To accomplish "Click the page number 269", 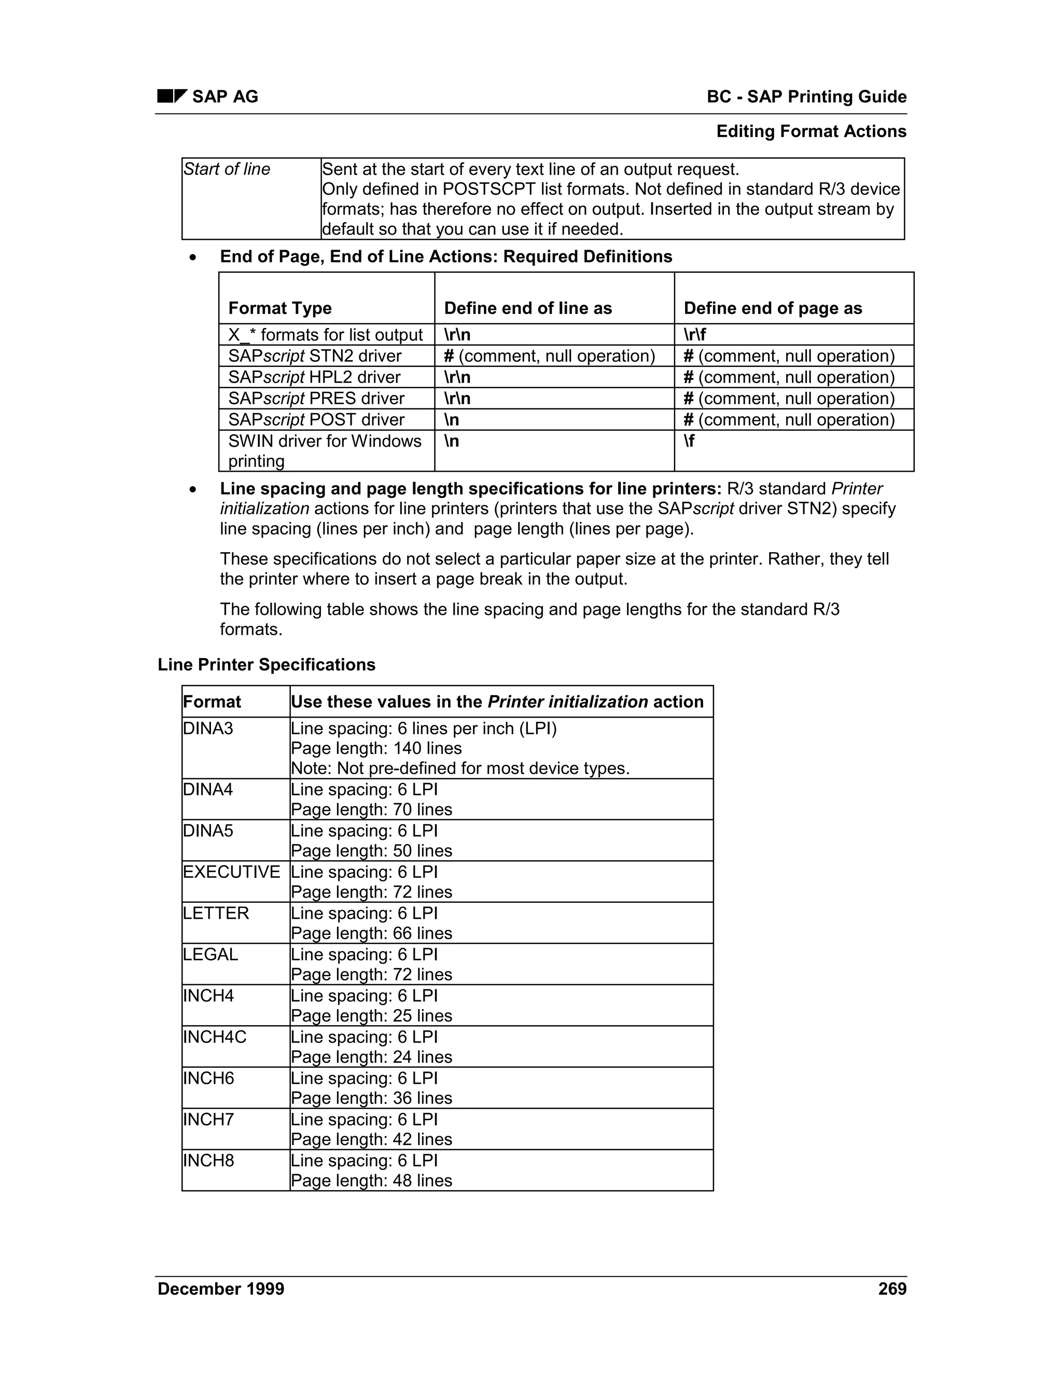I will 892,1289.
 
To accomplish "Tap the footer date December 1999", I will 221,1289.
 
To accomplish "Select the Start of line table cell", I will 227,169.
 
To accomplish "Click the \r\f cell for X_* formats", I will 694,335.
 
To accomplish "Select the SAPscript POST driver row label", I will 317,420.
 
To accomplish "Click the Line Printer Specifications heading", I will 266,665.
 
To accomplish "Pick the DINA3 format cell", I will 208,728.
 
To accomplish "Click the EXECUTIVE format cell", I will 231,872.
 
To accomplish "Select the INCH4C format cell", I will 215,1037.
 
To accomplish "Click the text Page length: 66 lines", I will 371,933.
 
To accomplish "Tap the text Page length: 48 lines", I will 371,1180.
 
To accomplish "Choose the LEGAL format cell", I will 211,954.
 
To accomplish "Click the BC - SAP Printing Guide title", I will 806,97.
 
